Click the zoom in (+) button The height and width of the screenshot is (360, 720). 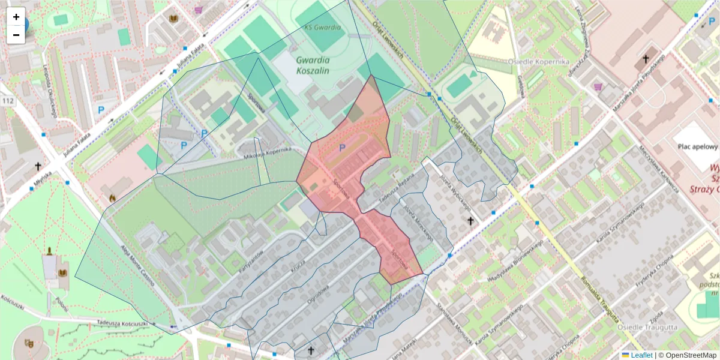[x=16, y=17]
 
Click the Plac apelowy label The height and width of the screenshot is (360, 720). [x=698, y=146]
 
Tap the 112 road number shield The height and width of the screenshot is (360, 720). [x=8, y=101]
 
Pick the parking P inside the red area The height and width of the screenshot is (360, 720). [x=343, y=148]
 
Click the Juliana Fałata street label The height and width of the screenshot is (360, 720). [x=193, y=61]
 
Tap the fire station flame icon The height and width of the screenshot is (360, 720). [x=112, y=196]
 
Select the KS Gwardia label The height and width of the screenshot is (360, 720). [x=322, y=28]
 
